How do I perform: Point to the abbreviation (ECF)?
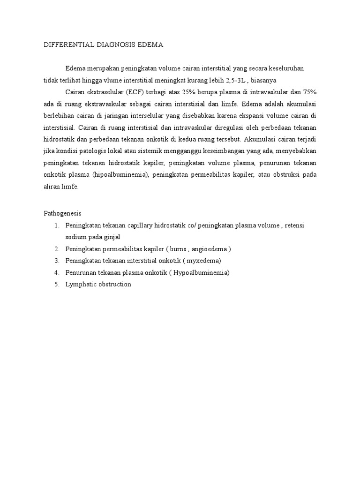(x=136, y=91)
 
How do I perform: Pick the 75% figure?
(x=308, y=91)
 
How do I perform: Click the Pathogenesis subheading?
(x=62, y=213)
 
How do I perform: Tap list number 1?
(x=56, y=225)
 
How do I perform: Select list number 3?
(x=56, y=261)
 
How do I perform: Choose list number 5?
(x=56, y=284)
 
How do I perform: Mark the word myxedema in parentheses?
(x=203, y=261)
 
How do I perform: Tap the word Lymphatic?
(x=80, y=284)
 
